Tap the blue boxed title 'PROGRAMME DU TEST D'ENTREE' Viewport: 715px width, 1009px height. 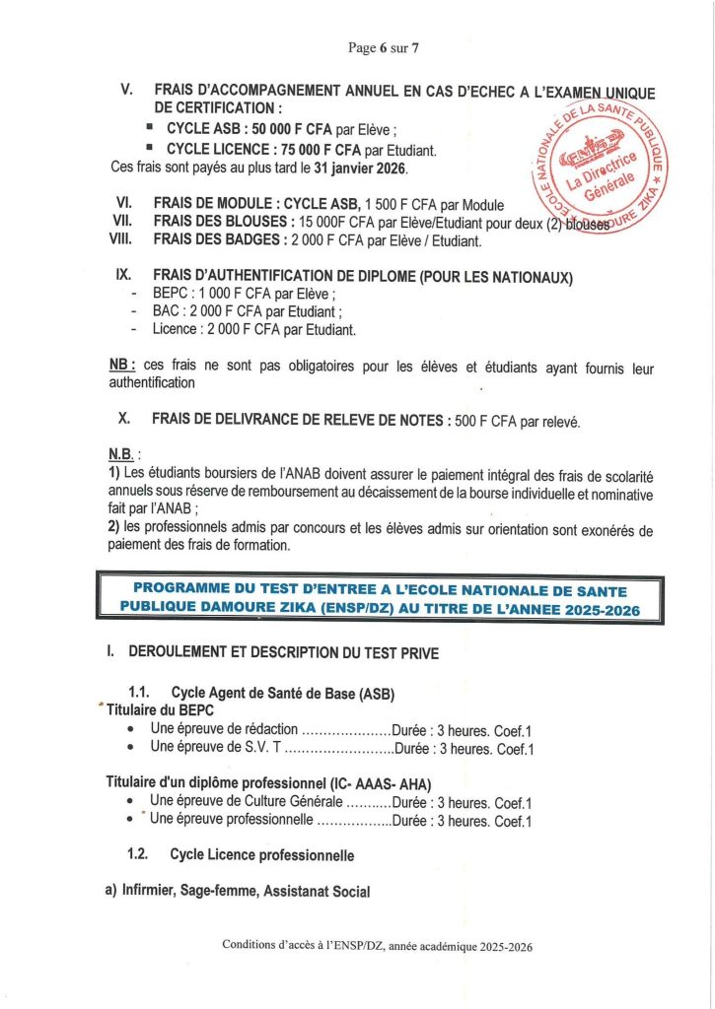[x=379, y=598]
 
